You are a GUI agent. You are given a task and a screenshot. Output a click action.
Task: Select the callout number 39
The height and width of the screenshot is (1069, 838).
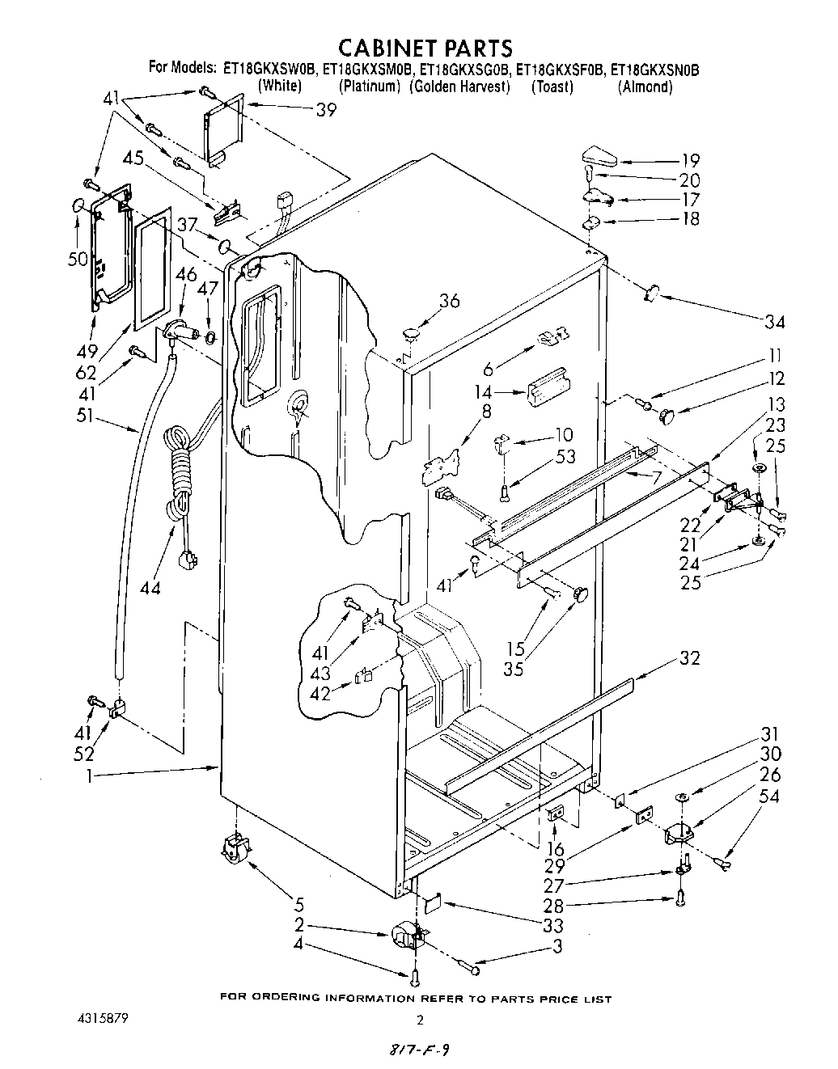click(x=326, y=111)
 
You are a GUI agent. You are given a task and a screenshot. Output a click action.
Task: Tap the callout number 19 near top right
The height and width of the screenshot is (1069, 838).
click(x=690, y=160)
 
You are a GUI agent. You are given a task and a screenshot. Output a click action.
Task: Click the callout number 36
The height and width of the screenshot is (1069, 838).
click(x=449, y=301)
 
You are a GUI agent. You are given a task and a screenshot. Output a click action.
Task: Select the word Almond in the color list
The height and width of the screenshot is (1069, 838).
click(x=645, y=87)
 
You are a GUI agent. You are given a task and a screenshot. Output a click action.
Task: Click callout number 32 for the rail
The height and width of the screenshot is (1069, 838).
click(x=689, y=657)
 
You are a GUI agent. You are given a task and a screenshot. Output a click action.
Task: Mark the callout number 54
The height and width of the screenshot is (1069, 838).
click(x=770, y=796)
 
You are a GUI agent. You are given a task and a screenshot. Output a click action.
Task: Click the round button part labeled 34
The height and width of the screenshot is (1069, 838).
click(x=653, y=293)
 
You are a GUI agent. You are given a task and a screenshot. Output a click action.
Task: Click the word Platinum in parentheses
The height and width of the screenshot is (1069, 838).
click(x=369, y=87)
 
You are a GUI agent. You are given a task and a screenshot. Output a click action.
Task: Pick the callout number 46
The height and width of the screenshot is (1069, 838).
click(x=185, y=274)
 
